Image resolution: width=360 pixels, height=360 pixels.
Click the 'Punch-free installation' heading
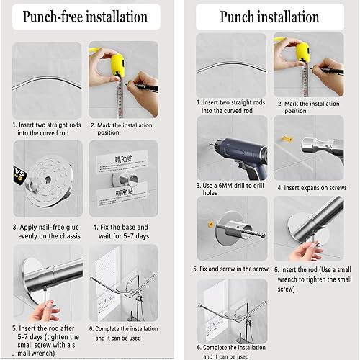(85, 17)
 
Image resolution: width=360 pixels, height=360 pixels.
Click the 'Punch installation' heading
(269, 17)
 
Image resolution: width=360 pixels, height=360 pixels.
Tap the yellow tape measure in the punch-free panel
(117, 66)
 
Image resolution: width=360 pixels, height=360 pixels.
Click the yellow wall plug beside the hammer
(287, 139)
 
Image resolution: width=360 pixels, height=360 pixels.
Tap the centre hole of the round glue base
(48, 180)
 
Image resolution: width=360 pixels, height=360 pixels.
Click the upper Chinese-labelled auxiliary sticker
(122, 161)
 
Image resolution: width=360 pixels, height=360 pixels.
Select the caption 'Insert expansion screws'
(312, 188)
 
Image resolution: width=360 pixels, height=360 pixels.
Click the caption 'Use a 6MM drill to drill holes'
(230, 189)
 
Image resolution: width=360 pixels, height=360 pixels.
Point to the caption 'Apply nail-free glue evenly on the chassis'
(47, 232)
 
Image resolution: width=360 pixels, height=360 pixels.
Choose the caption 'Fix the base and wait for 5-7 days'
(121, 232)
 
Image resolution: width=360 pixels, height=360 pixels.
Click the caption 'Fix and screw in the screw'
(230, 269)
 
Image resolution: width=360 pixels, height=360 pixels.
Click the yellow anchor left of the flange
(211, 225)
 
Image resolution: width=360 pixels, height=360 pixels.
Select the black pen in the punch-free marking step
(143, 86)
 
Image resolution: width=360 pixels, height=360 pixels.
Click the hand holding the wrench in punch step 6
(306, 251)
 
